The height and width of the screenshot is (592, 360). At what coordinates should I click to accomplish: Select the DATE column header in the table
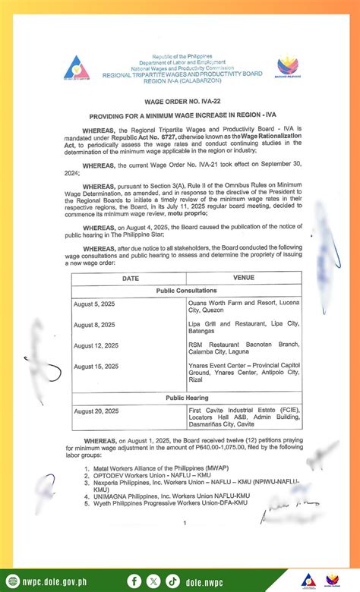coord(130,279)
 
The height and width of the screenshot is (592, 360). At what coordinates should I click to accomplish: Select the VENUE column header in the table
coord(244,279)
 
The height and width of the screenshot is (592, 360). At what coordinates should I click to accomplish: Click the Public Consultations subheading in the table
coord(187,290)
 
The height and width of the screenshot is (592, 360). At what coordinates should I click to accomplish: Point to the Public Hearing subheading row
coord(187,398)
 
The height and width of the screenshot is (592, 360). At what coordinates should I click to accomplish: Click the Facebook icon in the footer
coord(135,581)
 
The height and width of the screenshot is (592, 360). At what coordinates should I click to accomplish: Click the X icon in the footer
coord(154,581)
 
